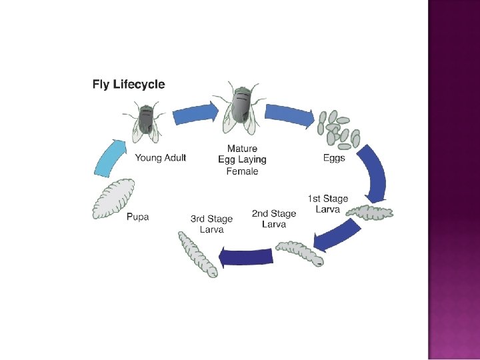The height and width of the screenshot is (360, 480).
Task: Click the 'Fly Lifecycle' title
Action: point(128,85)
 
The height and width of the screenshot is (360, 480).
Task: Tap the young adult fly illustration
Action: point(146,121)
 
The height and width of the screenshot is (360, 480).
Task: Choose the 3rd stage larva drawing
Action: point(198,254)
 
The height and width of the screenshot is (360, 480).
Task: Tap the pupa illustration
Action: point(114,199)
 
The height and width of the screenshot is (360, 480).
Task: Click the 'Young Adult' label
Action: point(161,158)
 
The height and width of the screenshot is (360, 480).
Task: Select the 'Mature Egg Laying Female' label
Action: point(242,160)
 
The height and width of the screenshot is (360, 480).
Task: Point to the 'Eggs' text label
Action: point(334,159)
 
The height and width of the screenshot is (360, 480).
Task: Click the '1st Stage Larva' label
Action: point(327,204)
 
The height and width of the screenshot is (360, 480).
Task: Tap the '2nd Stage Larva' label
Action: point(273,219)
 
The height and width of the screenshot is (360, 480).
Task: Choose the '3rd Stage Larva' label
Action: point(211,224)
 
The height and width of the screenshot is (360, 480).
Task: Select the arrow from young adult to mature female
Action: point(195,114)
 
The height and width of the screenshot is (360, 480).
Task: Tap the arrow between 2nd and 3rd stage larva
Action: point(246,256)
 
